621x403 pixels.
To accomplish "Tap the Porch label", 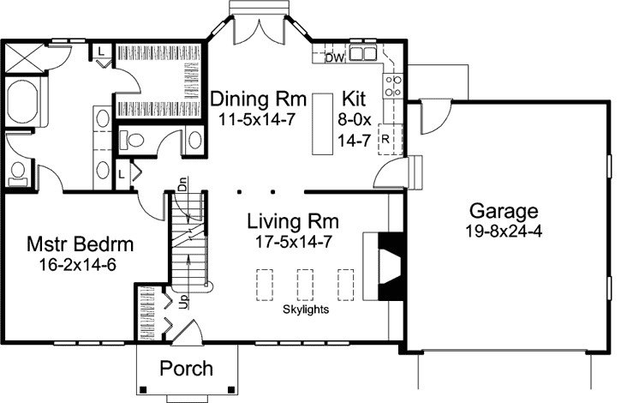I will click(x=187, y=369).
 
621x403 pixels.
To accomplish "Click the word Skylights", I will click(x=307, y=309).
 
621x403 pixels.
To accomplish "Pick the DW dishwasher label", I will click(x=335, y=58).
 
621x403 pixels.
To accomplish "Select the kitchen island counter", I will click(x=322, y=122).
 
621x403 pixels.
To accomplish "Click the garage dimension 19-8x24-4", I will click(x=504, y=232).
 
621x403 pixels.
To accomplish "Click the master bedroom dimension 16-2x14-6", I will click(x=78, y=265).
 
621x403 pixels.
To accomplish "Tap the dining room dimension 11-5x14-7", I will click(x=256, y=118).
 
